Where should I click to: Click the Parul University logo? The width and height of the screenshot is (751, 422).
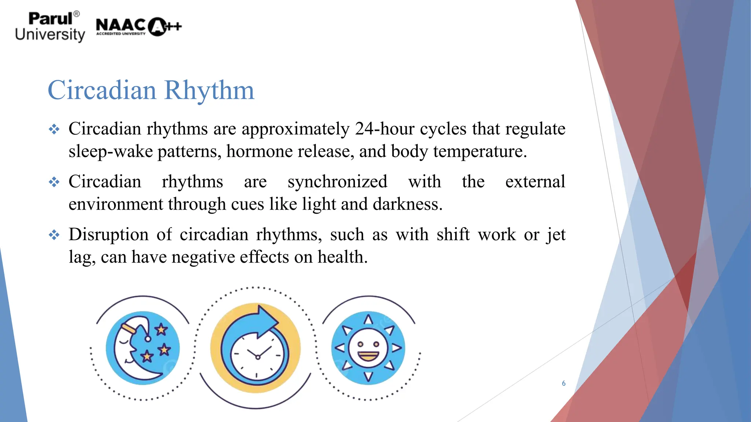pos(50,27)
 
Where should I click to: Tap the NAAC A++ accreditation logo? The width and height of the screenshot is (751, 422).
pos(138,26)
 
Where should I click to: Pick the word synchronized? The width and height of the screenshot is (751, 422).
pos(337,182)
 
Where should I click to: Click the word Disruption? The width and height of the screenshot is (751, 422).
pos(109,234)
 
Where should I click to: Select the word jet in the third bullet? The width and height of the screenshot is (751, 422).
pos(556,234)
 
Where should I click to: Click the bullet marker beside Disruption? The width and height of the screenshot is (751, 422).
pos(54,235)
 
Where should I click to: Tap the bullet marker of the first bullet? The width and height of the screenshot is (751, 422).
pos(54,129)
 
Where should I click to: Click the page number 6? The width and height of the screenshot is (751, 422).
pos(564,384)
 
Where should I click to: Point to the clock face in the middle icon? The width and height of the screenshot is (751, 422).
pos(257,356)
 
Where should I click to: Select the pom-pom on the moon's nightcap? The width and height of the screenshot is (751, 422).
pos(148,339)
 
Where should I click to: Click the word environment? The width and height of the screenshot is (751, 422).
pos(116,204)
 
